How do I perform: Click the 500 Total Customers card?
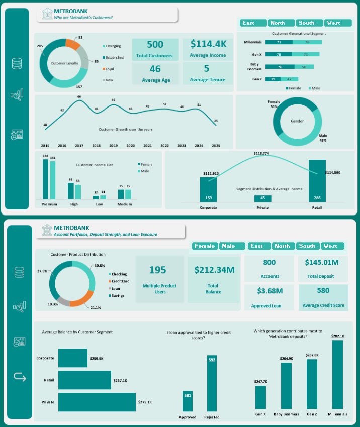tap(155, 49)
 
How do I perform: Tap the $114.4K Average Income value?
tap(208, 44)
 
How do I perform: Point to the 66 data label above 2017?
tap(79, 96)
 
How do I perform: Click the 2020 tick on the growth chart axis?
tap(130, 145)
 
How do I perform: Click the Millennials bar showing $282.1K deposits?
tap(337, 374)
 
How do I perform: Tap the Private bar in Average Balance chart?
tap(97, 402)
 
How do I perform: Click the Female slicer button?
tap(205, 246)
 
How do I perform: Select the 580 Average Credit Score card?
tap(323, 296)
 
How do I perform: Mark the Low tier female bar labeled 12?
tap(96, 197)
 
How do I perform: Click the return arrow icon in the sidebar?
tap(19, 377)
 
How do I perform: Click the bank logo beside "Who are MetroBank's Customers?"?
tap(46, 14)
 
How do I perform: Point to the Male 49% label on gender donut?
tap(322, 138)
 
